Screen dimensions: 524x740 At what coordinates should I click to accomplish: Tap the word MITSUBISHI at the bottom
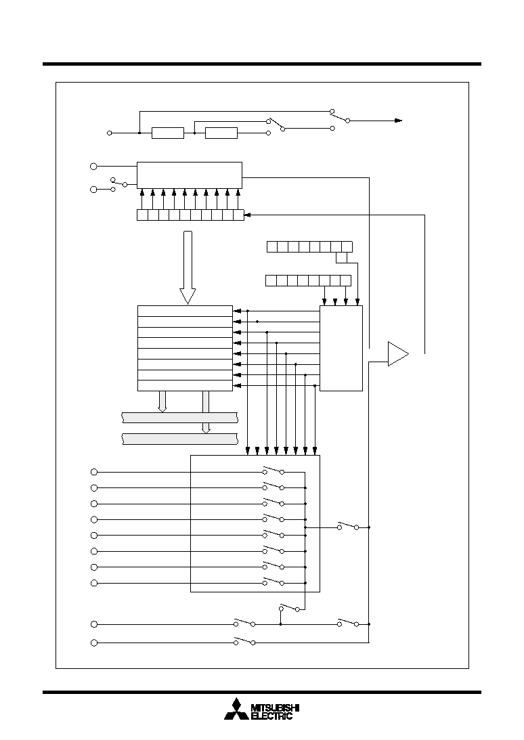tap(276, 708)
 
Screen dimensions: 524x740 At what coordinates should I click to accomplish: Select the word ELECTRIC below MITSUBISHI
tap(271, 716)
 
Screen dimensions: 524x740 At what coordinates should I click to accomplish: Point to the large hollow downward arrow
tap(188, 267)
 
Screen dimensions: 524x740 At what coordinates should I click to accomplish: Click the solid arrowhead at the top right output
tap(399, 121)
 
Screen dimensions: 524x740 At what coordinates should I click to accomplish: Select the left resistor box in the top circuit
tap(168, 133)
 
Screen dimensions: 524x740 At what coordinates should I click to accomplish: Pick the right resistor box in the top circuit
tap(221, 133)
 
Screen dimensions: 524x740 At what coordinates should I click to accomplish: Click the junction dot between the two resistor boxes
tap(195, 133)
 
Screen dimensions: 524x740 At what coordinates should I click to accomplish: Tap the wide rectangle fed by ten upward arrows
tap(190, 175)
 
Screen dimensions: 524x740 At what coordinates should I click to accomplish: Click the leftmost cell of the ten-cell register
tap(142, 215)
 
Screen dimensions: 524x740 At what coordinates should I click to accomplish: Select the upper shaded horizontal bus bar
tap(180, 418)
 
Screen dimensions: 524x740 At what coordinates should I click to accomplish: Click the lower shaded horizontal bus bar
tap(180, 439)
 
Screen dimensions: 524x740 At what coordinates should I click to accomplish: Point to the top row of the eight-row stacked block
tap(185, 311)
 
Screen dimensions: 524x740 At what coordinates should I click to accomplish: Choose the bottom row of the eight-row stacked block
tap(185, 386)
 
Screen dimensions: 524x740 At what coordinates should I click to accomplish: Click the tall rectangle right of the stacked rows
tap(341, 348)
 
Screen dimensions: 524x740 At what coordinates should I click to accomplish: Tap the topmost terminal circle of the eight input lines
tap(94, 472)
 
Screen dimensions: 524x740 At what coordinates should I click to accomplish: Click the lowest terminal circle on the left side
tap(94, 643)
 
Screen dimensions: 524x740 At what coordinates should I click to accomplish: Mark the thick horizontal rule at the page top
tap(262, 64)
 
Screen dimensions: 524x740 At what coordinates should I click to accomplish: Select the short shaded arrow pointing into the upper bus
tap(162, 401)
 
